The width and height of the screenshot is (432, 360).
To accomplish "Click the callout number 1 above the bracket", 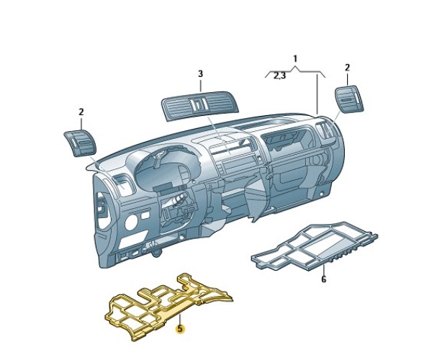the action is pos(295,59).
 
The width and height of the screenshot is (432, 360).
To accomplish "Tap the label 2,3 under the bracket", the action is pos(280,76).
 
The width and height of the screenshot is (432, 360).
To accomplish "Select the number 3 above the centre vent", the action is pos(201,74).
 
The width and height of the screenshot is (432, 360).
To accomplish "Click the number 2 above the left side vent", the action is pos(81,112).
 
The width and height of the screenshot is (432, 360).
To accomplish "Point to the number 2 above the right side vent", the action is pos(347,68).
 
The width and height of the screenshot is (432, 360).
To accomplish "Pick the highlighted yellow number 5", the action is pos(181,328).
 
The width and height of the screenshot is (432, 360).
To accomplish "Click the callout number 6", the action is pos(324,279).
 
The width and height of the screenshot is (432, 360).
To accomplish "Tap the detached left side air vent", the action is pos(80,144).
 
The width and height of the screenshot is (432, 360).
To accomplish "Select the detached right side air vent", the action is pos(349,99).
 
